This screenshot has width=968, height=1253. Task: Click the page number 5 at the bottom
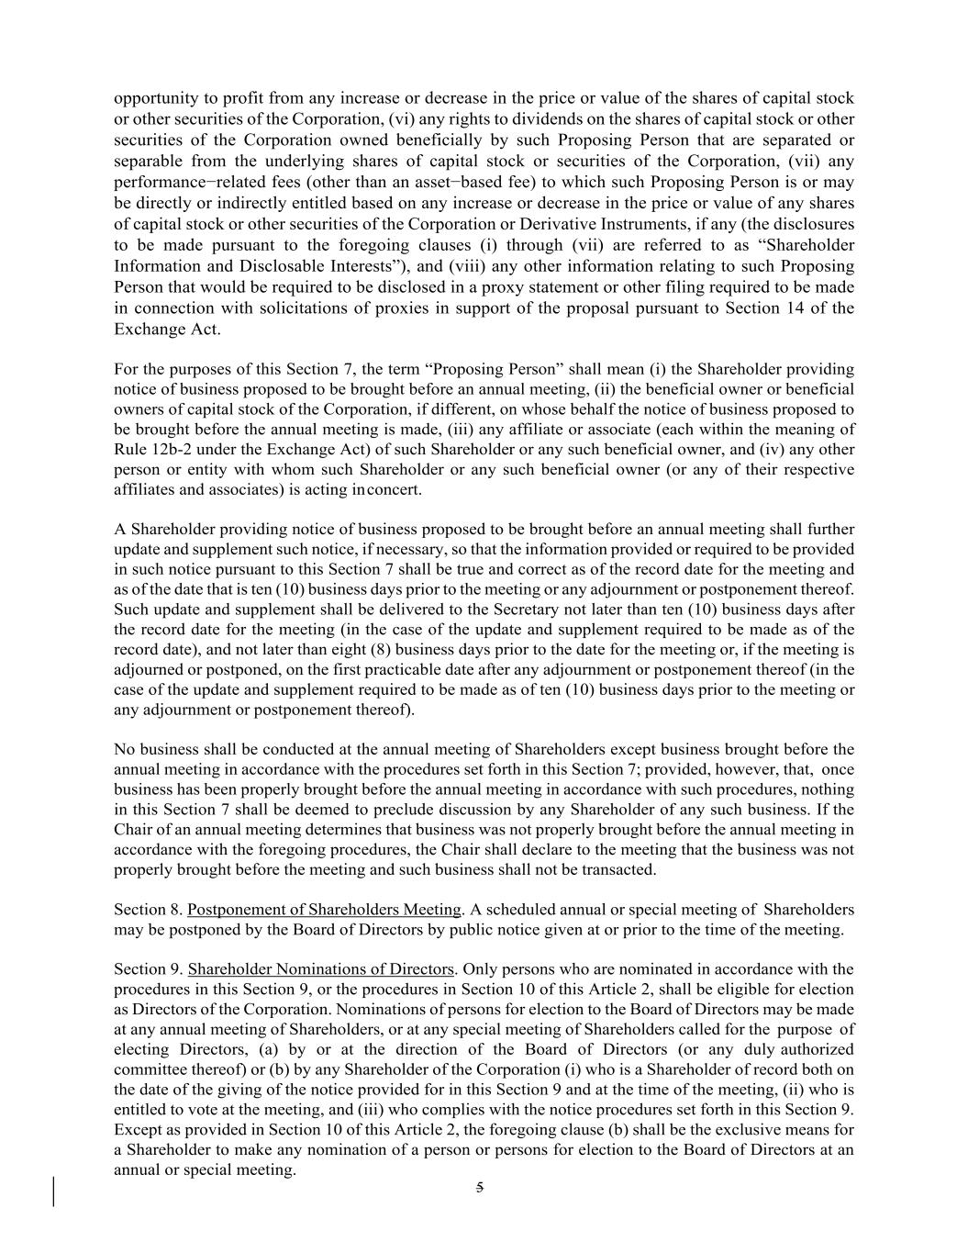(479, 1188)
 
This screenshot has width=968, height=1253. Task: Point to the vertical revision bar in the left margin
(53, 1191)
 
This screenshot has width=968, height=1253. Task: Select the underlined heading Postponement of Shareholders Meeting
(324, 910)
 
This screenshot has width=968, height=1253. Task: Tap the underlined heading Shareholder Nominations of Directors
(320, 969)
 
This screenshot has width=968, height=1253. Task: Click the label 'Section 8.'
(148, 910)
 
